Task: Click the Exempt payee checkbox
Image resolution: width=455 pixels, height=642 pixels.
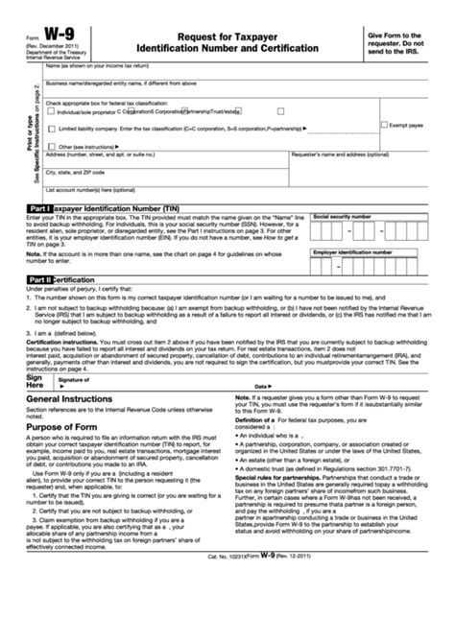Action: point(384,124)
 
